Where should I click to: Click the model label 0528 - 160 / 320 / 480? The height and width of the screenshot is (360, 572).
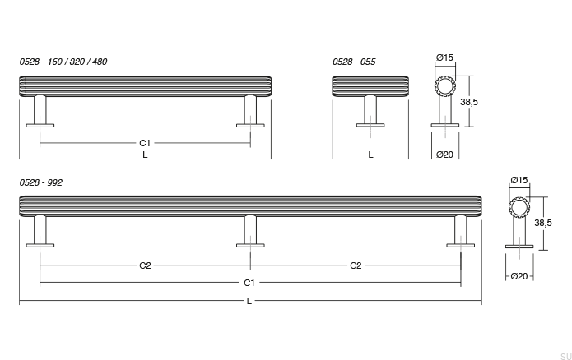pyautogui.click(x=63, y=62)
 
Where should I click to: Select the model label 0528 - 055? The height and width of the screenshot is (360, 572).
pyautogui.click(x=355, y=62)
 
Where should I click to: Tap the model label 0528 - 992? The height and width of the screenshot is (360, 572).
pyautogui.click(x=41, y=182)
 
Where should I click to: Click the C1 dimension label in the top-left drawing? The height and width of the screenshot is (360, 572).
pyautogui.click(x=145, y=143)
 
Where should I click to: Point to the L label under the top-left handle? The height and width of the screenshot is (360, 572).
pyautogui.click(x=145, y=155)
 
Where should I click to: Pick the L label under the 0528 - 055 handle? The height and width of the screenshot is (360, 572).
pyautogui.click(x=370, y=155)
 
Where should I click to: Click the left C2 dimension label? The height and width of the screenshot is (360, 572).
pyautogui.click(x=145, y=265)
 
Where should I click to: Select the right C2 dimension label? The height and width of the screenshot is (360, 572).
pyautogui.click(x=356, y=265)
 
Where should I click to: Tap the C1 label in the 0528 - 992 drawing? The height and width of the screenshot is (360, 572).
pyautogui.click(x=249, y=283)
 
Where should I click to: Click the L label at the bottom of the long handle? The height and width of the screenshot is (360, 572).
pyautogui.click(x=249, y=301)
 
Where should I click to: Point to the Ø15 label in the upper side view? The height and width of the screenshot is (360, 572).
pyautogui.click(x=444, y=58)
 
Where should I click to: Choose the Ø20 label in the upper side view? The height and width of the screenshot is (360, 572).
pyautogui.click(x=445, y=155)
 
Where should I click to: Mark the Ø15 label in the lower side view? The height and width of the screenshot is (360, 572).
pyautogui.click(x=519, y=180)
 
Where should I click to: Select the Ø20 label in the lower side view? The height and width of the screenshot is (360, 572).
pyautogui.click(x=519, y=277)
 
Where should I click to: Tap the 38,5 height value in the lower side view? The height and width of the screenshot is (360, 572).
pyautogui.click(x=543, y=223)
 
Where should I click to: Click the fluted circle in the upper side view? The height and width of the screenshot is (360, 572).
pyautogui.click(x=445, y=87)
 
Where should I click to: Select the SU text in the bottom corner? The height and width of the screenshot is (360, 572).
pyautogui.click(x=564, y=354)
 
